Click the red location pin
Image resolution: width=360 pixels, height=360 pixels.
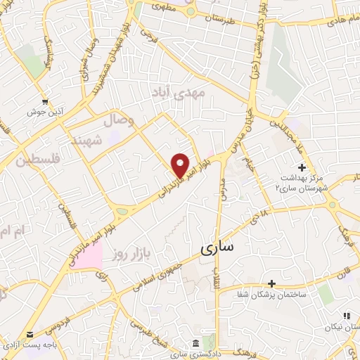click(181, 165)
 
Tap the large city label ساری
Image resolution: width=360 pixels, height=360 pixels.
click(219, 247)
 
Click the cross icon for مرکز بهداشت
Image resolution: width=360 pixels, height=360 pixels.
click(302, 167)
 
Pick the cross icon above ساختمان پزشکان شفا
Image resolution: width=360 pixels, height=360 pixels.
click(272, 283)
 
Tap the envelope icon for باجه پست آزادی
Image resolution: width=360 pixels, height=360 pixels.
click(30, 335)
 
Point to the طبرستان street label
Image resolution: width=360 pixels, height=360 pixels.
click(217, 21)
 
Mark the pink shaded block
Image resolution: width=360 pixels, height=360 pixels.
click(86, 253)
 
